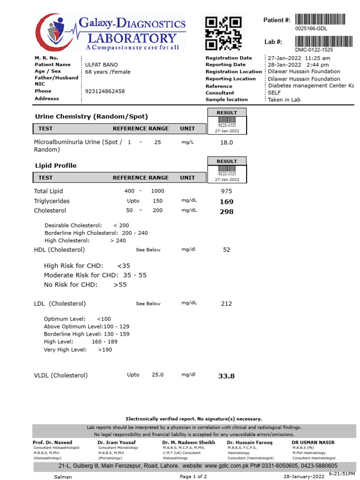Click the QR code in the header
pyautogui.click(x=224, y=33)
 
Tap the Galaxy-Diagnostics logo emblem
pyautogui.click(x=52, y=32)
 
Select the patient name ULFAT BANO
pyautogui.click(x=101, y=65)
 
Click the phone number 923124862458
pyautogui.click(x=105, y=91)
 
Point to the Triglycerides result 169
pyautogui.click(x=226, y=202)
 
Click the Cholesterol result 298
pyautogui.click(x=226, y=211)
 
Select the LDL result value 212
pyautogui.click(x=226, y=304)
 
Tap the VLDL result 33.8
pyautogui.click(x=226, y=375)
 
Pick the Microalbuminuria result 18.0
pyautogui.click(x=226, y=142)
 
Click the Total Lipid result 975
pyautogui.click(x=226, y=191)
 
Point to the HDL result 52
pyautogui.click(x=226, y=250)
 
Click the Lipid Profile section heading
pyautogui.click(x=56, y=166)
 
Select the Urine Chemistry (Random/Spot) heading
pyautogui.click(x=91, y=117)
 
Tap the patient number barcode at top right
pyautogui.click(x=320, y=20)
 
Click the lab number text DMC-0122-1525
pyautogui.click(x=314, y=50)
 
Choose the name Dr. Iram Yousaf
pyautogui.click(x=117, y=442)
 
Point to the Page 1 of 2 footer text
pyautogui.click(x=194, y=476)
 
